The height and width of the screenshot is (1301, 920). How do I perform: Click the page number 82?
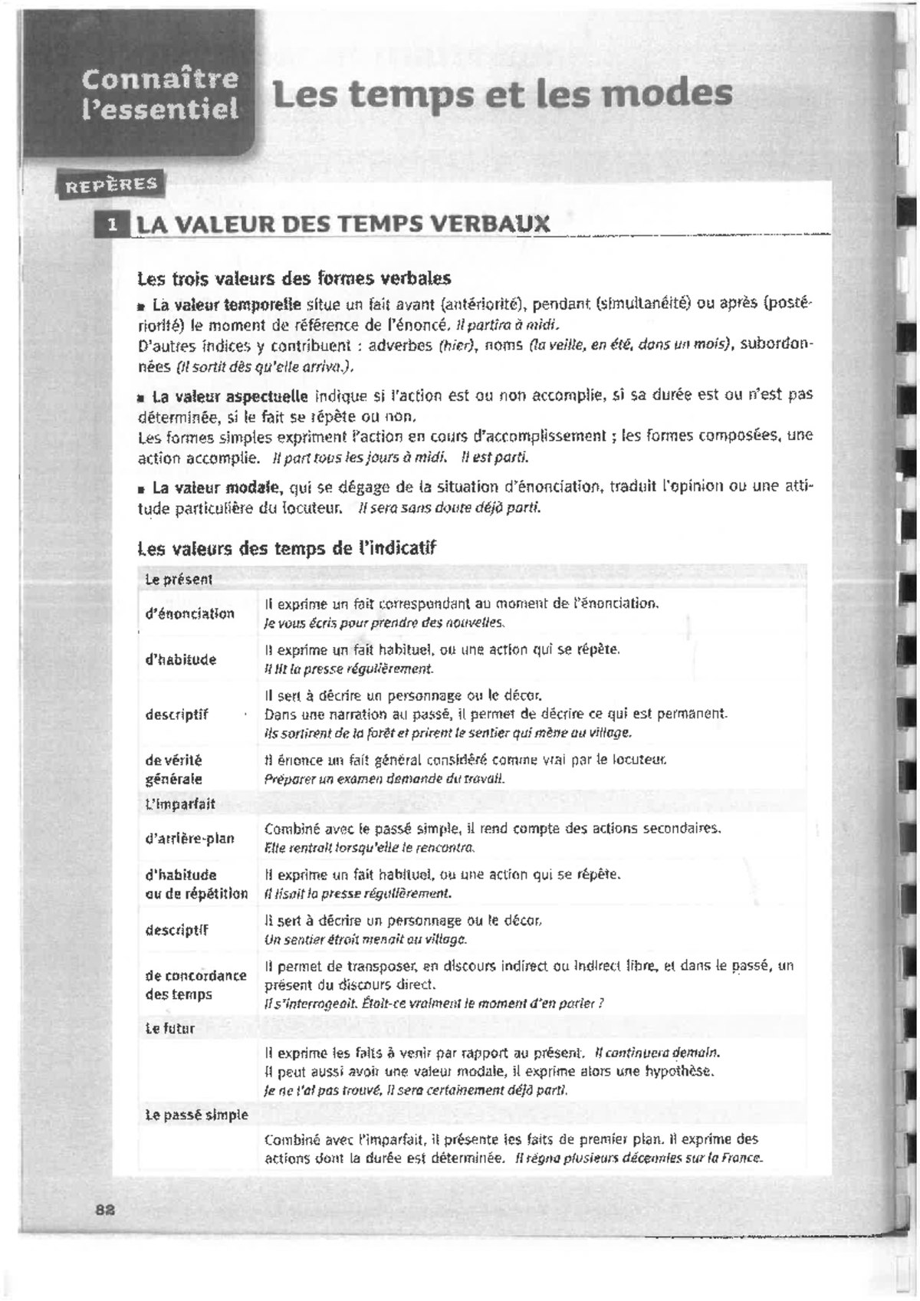(105, 1209)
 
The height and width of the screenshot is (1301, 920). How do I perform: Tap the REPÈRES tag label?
(111, 184)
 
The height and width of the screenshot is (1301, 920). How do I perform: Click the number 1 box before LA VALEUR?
(113, 225)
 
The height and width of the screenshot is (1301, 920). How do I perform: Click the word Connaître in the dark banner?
(159, 79)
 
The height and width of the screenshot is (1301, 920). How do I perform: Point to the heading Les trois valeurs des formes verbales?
(294, 278)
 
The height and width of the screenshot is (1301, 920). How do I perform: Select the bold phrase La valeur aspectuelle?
(230, 396)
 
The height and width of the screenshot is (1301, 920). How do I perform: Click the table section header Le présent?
(179, 580)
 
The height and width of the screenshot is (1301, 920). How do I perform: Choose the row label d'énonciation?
(189, 613)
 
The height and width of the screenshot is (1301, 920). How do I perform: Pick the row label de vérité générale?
(174, 769)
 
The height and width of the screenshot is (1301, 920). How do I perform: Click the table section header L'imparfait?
(180, 804)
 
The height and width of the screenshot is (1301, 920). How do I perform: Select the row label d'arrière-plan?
(189, 838)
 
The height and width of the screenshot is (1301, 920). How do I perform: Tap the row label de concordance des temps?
(195, 984)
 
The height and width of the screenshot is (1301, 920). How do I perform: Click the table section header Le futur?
(170, 1029)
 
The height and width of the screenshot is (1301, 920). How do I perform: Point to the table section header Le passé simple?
(196, 1115)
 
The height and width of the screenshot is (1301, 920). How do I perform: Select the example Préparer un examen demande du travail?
(384, 779)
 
